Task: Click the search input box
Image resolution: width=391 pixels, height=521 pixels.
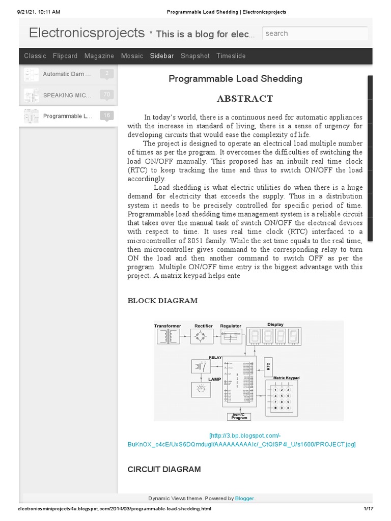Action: (x=315, y=34)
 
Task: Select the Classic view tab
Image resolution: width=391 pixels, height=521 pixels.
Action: (x=35, y=56)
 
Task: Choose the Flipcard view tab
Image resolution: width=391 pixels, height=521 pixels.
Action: (x=65, y=56)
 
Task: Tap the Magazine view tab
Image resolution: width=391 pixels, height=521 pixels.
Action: (x=99, y=56)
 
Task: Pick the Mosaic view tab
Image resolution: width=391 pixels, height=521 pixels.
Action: (x=132, y=56)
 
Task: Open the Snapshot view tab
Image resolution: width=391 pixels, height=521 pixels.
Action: (x=195, y=56)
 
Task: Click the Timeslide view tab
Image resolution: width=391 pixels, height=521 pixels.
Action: (x=231, y=56)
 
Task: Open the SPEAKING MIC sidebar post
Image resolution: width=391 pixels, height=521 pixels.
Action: (x=67, y=95)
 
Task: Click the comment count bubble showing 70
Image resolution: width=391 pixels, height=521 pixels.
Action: (x=106, y=95)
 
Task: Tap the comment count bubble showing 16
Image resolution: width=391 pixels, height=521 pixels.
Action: (x=106, y=115)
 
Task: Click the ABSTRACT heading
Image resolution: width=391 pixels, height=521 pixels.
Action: (x=245, y=99)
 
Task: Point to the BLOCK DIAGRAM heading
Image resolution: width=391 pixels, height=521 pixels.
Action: (x=162, y=301)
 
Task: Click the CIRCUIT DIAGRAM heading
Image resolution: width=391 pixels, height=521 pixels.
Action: (x=164, y=469)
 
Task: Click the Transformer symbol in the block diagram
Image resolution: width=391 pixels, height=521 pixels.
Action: (x=167, y=336)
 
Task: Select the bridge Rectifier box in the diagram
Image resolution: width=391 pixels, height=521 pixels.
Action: (x=203, y=336)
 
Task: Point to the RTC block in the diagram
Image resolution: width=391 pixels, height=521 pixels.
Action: (x=268, y=366)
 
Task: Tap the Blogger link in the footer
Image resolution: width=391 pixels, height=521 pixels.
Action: (x=247, y=499)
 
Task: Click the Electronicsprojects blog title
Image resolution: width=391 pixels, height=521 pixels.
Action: (x=87, y=33)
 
